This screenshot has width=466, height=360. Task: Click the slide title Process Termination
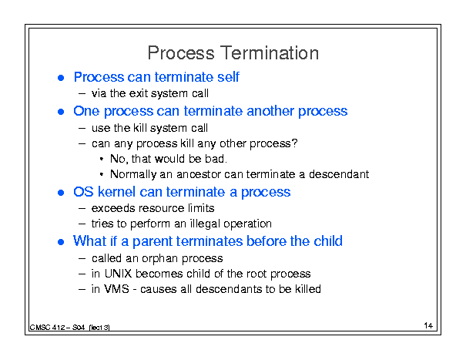coord(233,53)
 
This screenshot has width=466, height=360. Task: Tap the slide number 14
coord(428,325)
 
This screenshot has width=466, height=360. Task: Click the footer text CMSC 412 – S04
coord(57,328)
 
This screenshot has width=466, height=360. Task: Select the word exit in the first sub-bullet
coord(139,93)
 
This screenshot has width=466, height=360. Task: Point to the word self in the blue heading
coord(228,77)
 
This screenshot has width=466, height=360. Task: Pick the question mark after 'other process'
coord(294,143)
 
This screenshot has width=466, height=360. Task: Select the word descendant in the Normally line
coord(339,174)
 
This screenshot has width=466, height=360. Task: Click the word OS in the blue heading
coord(83,192)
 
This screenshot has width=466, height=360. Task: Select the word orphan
coord(159,259)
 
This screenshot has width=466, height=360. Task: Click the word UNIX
coord(118,274)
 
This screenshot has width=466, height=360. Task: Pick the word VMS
coord(116,289)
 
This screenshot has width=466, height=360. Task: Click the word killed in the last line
coord(308,289)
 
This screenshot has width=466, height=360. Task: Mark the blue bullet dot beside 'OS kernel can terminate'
coord(61,193)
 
